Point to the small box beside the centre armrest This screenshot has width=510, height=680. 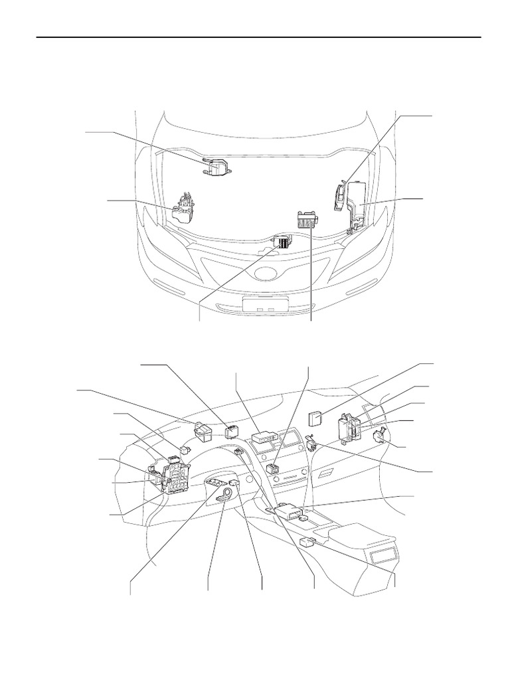[x=307, y=542]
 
